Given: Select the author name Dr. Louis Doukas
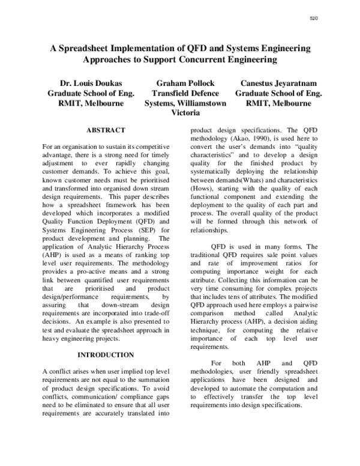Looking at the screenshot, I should tap(91, 83).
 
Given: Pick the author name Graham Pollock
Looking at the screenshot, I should tap(185, 83).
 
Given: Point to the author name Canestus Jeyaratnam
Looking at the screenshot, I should tap(278, 83).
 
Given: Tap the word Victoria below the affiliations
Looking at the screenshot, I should tap(185, 113).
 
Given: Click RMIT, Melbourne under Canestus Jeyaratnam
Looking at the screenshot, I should tap(278, 103).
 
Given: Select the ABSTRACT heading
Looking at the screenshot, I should tap(106, 130).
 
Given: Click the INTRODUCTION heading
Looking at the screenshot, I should tap(106, 355).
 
